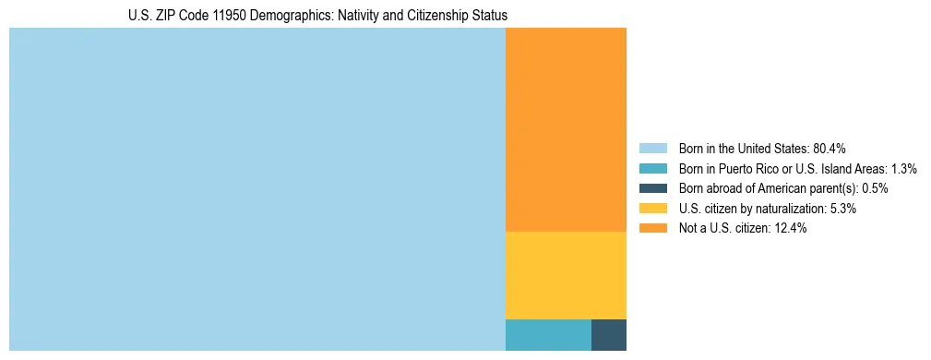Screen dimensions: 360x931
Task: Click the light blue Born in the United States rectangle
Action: (257, 189)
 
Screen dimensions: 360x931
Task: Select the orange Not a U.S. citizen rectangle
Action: (566, 129)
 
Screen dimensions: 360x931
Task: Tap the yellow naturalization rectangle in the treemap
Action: (566, 275)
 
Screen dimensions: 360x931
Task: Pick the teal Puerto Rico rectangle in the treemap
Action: (548, 334)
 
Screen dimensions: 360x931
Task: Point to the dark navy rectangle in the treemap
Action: (609, 334)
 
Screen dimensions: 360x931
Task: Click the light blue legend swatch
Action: (652, 149)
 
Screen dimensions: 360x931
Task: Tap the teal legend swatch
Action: (652, 169)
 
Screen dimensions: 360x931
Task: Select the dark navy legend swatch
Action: (652, 188)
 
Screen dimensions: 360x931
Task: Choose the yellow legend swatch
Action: (652, 209)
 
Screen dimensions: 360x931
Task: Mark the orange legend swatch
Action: (652, 228)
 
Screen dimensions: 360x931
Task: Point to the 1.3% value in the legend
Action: (901, 169)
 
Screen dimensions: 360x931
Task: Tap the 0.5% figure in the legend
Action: (875, 188)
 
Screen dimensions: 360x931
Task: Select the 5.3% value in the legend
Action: (841, 209)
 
